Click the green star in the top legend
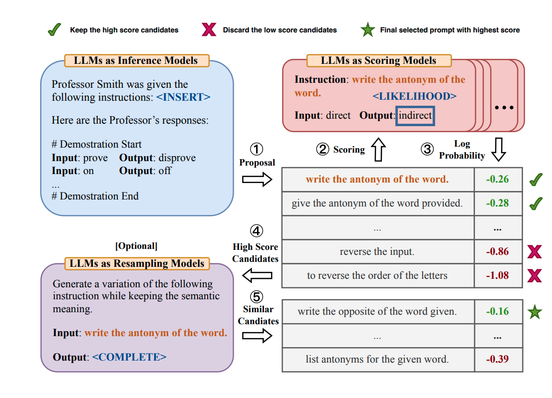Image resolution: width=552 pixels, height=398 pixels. coord(368,30)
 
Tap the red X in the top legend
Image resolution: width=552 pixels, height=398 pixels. coord(209,30)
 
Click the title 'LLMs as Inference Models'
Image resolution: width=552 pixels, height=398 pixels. coord(136,61)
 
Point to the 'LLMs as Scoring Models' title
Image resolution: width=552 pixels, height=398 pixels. coord(378,61)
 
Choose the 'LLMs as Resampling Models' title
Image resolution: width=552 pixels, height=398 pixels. coord(137,263)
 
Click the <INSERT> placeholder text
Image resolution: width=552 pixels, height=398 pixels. coord(183,97)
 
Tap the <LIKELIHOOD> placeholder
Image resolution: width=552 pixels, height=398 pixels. coord(414,96)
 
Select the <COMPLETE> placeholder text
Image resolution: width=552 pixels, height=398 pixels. coord(129,357)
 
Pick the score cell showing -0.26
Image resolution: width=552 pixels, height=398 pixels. coord(498,180)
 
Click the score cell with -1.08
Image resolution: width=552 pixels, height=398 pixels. coord(498,275)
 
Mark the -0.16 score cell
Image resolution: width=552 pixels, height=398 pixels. coord(498,312)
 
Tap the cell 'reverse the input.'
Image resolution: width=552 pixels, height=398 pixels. coord(377,251)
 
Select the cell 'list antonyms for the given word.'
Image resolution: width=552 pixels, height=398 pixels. coord(377,359)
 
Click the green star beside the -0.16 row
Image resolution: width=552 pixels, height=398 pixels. coord(535,312)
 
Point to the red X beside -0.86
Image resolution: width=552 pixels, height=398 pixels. coord(535,251)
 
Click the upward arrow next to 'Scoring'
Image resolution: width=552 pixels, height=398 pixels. coord(378,150)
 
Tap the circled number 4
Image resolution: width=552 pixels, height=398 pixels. coord(257,231)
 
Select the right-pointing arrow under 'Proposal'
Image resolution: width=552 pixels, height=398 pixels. coord(258,180)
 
